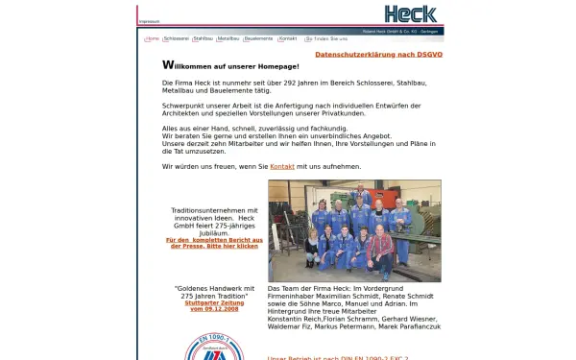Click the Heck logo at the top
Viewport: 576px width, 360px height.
point(410,13)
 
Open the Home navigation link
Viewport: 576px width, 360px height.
point(153,39)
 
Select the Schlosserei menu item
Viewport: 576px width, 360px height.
point(176,39)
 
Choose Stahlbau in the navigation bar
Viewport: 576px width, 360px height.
point(203,39)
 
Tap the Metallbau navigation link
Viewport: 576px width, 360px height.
point(228,39)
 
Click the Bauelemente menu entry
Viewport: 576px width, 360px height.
point(257,39)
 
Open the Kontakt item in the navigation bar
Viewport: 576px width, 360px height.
point(287,39)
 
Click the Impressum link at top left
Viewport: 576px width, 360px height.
point(150,20)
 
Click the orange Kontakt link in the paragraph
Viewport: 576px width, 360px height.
point(282,166)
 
